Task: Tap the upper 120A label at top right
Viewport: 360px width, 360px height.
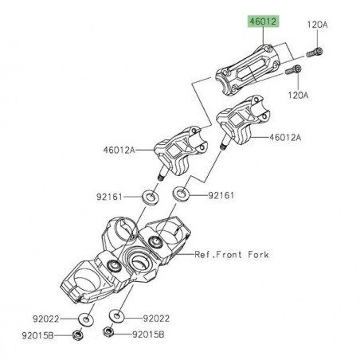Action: pos(317,25)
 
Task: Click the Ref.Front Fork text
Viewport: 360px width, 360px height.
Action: pos(232,255)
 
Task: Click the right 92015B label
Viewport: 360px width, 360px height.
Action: pos(147,336)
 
